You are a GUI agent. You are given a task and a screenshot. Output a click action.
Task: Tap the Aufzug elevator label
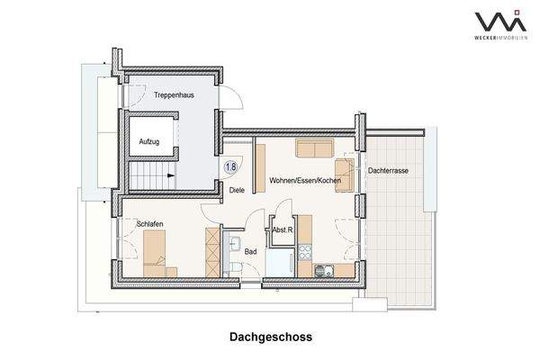[x=149, y=142]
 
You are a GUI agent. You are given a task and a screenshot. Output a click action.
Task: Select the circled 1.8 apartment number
[x=231, y=166]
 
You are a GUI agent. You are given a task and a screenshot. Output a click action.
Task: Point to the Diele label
[x=237, y=190]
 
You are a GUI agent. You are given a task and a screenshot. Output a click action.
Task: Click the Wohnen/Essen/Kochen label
[x=306, y=181]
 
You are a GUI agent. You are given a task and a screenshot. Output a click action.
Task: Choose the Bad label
[x=251, y=251]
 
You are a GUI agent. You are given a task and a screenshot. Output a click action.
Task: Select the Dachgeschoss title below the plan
[x=269, y=338]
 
